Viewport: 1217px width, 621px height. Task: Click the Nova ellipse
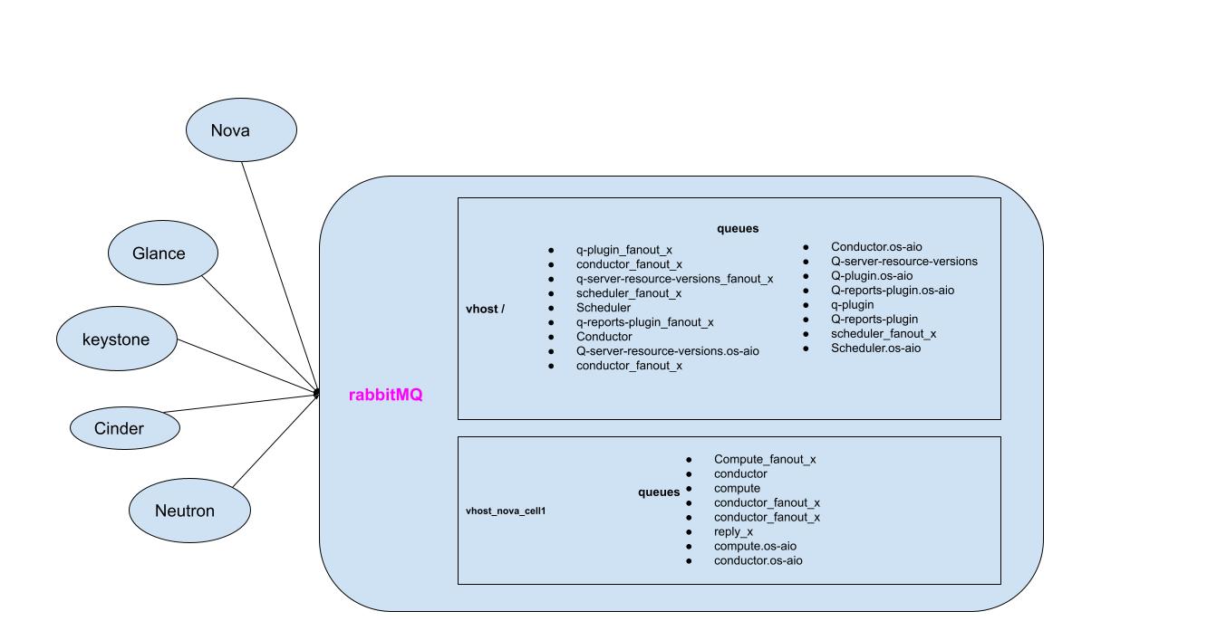coord(241,130)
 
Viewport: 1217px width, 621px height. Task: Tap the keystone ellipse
coord(117,339)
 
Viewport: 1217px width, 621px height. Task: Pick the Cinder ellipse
coord(125,428)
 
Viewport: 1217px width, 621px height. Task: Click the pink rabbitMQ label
coord(386,396)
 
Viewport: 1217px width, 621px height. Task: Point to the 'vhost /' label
coord(485,309)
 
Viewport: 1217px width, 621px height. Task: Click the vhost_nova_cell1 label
coord(506,511)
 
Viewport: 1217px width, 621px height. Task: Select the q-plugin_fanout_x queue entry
coord(624,250)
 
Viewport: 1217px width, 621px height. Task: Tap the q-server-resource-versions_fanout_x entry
coord(674,279)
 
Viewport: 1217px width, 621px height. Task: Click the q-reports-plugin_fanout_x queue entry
coord(644,322)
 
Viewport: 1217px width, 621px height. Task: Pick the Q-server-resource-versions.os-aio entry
coord(667,351)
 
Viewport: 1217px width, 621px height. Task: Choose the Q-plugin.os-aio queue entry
coord(872,276)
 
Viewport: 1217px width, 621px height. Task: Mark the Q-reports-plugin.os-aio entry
coord(892,291)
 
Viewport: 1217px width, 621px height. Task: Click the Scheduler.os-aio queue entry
coord(875,349)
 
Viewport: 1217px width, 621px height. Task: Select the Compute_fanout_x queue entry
coord(764,460)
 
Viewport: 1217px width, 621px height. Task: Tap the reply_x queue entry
coord(733,532)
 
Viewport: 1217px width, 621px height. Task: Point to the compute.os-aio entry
coord(755,547)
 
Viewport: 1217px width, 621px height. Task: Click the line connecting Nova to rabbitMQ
coord(279,276)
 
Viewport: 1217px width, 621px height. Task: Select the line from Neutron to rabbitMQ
coord(275,440)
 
